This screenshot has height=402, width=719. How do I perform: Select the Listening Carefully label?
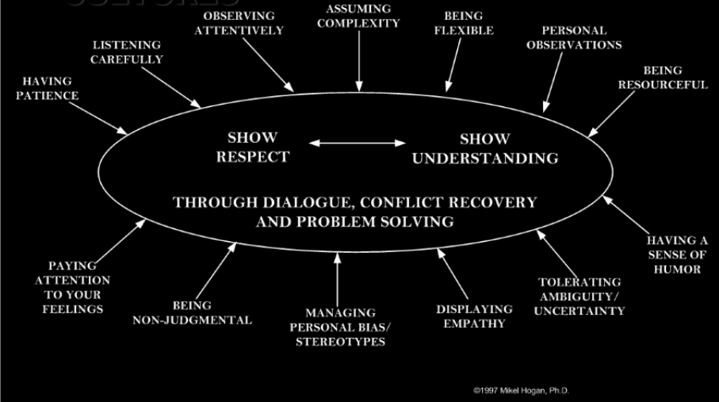pyautogui.click(x=127, y=52)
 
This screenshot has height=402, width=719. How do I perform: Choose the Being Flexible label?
pyautogui.click(x=468, y=23)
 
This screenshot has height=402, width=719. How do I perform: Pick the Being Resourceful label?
pyautogui.click(x=663, y=78)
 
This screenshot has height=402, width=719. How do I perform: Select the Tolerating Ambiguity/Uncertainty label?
pyautogui.click(x=578, y=297)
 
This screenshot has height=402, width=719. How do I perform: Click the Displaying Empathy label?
pyautogui.click(x=475, y=316)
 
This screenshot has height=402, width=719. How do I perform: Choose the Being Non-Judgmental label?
pyautogui.click(x=192, y=312)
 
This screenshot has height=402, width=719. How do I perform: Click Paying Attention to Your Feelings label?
pyautogui.click(x=73, y=287)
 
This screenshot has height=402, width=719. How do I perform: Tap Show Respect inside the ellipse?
pyautogui.click(x=252, y=147)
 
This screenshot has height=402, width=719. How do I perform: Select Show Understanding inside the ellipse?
pyautogui.click(x=484, y=147)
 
